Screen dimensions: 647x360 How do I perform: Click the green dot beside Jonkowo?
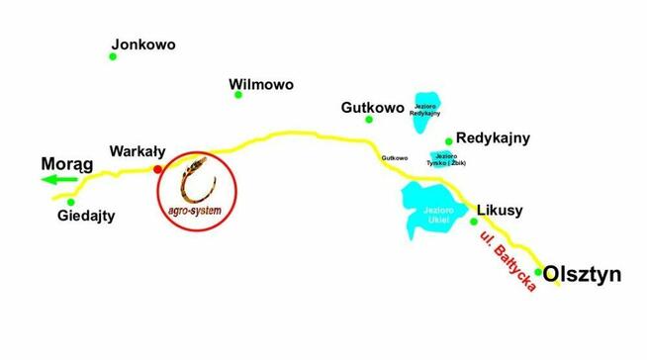(113, 56)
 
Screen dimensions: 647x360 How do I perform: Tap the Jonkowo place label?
(143, 45)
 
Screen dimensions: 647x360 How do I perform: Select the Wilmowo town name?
(261, 85)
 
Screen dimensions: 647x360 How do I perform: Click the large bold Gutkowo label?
(372, 106)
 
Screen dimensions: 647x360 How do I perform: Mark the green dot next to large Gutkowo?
(369, 120)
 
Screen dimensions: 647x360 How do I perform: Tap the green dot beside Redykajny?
(449, 140)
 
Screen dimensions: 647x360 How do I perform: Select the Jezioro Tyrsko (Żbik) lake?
(444, 158)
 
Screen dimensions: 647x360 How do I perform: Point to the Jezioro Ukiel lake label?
(436, 215)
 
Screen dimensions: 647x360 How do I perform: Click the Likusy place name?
(500, 211)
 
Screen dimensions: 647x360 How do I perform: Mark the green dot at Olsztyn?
(538, 271)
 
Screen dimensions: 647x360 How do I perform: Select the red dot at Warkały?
(157, 170)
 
